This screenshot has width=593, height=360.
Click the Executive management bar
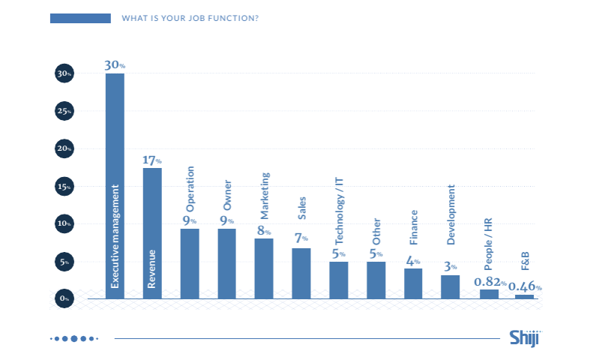point(115,186)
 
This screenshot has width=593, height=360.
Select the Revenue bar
point(152,233)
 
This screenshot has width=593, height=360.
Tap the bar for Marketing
point(264,268)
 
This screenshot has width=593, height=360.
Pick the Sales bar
point(301,274)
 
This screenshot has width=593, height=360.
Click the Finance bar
point(413,283)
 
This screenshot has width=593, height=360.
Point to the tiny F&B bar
point(525,297)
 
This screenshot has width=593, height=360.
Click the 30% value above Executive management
point(115,65)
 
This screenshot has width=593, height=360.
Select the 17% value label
point(152,160)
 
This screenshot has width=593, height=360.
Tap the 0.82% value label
point(490,282)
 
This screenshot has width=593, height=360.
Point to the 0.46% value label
point(525,286)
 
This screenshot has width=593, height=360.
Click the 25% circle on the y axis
point(64,111)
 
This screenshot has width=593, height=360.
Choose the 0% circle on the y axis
point(64,298)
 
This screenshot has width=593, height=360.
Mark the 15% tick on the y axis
point(64,186)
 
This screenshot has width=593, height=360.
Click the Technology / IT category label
point(339,211)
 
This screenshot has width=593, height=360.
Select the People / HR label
point(488,244)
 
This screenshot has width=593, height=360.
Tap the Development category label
point(451,214)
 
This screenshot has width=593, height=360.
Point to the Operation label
point(190,189)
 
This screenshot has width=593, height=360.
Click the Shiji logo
point(526,337)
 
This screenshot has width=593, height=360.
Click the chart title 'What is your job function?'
point(190,18)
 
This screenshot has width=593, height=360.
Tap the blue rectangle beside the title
point(80,18)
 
